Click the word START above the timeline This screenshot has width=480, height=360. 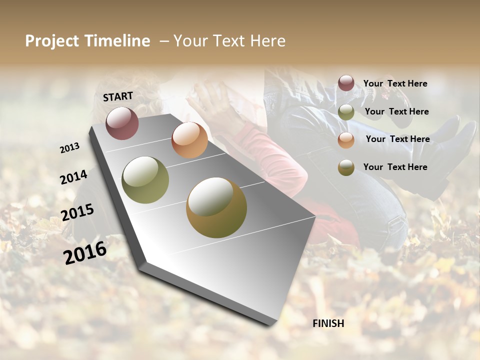(x=118, y=96)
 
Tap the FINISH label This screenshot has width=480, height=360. (x=328, y=323)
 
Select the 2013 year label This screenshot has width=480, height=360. (x=70, y=147)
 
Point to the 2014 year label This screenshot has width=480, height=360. (x=73, y=177)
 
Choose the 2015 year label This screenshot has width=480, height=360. (x=77, y=212)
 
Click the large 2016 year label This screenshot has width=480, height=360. (x=85, y=252)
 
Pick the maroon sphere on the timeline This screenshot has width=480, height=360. (x=122, y=123)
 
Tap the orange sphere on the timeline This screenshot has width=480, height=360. (x=189, y=139)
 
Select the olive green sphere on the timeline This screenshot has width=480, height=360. (x=145, y=180)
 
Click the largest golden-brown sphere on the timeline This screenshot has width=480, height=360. (x=216, y=207)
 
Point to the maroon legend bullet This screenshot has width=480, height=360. (x=346, y=83)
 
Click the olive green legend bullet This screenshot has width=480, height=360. (x=346, y=112)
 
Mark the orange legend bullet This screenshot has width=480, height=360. (x=346, y=140)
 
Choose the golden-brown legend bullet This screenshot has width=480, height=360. (x=346, y=167)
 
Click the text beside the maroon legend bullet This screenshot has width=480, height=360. (x=395, y=83)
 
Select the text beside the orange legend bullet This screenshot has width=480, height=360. (x=397, y=139)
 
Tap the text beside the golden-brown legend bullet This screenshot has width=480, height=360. (x=395, y=167)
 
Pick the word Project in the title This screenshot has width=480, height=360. (x=52, y=41)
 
